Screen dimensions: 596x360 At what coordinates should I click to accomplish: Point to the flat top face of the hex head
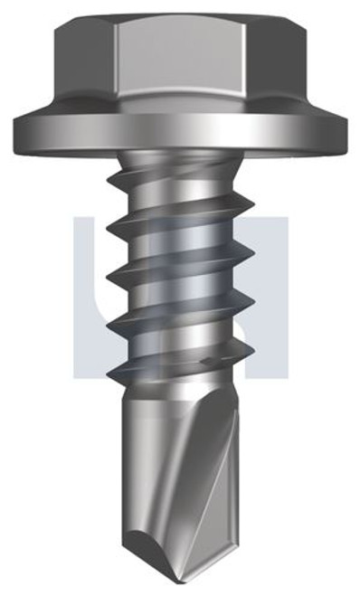tap(181, 19)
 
